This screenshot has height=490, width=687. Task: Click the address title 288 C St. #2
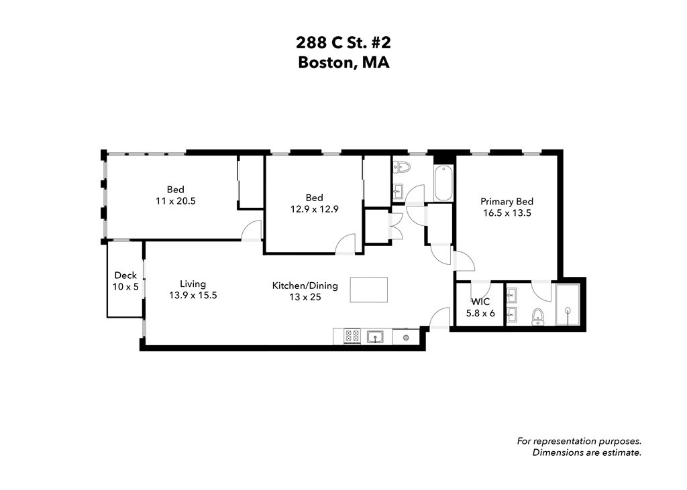point(343,43)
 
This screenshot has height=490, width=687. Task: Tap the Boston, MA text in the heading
point(343,63)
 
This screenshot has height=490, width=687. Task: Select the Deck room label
point(125,275)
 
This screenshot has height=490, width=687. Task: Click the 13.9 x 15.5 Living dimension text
point(193,295)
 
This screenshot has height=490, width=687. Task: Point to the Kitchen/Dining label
point(305,286)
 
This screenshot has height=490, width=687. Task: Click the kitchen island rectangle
point(368,290)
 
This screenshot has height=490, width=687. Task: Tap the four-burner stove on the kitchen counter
point(352,336)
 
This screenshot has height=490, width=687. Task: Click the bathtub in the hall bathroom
point(443,182)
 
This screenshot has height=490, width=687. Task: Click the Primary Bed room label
point(507,201)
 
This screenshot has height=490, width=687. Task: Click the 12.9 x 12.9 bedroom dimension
point(314,208)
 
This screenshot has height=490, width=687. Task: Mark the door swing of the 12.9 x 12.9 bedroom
point(346,244)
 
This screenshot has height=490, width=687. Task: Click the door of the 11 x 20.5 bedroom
point(252,230)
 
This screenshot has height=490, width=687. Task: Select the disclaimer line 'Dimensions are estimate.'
point(586,452)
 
